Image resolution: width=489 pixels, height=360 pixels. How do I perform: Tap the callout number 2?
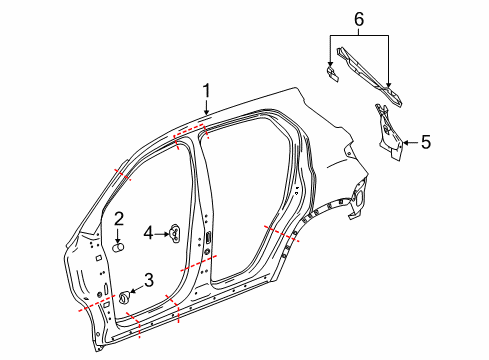click(x=117, y=219)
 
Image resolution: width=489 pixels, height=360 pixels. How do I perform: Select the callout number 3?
click(x=148, y=280)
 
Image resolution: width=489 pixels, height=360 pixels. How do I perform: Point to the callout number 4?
click(x=147, y=233)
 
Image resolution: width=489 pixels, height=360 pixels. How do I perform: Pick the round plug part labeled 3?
click(x=127, y=296)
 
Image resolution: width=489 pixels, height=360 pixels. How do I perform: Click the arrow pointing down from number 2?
click(x=117, y=235)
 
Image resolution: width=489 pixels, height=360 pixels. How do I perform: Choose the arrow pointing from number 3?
click(x=138, y=288)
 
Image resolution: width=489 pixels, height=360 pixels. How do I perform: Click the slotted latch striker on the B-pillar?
click(x=210, y=236)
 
